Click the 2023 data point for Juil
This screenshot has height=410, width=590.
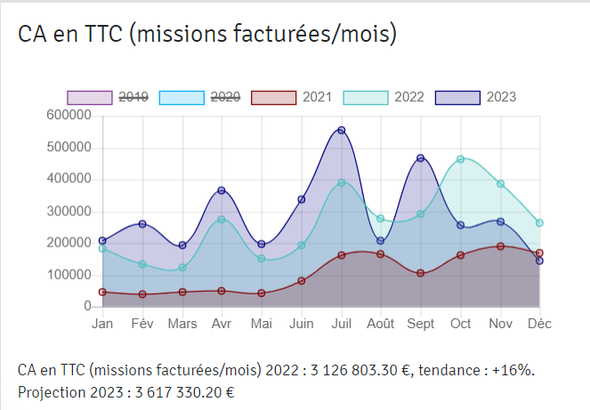341,131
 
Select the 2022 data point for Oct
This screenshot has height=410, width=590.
460,159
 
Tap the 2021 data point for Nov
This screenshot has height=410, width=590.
500,246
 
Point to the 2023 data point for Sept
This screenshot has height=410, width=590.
420,158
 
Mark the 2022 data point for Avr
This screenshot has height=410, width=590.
222,219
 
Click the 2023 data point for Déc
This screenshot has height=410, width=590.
539,261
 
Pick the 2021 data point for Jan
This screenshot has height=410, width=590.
102,292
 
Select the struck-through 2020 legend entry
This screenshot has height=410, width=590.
224,97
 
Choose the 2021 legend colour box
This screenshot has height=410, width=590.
273,97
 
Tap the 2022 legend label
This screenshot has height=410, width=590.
409,97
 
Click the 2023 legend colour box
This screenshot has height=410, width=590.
457,97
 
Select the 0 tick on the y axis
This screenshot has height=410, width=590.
88,306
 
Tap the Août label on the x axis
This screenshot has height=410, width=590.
380,324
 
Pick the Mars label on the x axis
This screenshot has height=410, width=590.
182,324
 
